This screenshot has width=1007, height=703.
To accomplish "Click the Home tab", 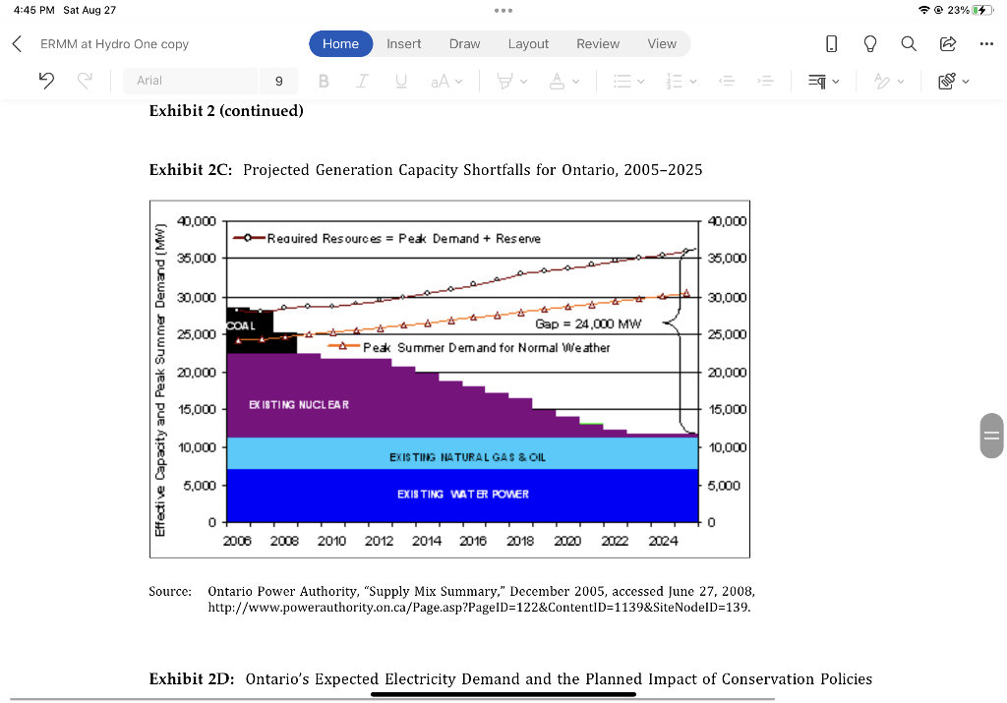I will [x=340, y=43].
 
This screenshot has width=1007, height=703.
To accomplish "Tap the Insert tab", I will [x=403, y=43].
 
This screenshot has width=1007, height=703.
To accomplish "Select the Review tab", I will [x=598, y=43].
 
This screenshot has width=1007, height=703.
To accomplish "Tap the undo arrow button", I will [x=45, y=81].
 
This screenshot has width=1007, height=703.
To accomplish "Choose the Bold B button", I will [x=324, y=81].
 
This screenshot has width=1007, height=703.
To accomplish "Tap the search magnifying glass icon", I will [x=909, y=43].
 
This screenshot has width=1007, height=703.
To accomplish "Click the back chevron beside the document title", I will [x=17, y=43].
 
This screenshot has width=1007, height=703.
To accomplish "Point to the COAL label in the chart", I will [x=241, y=325].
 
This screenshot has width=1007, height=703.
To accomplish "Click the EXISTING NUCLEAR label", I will [x=299, y=404].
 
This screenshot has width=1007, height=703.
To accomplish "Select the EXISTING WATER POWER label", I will [x=462, y=494].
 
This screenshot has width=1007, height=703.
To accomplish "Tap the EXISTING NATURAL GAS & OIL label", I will [x=467, y=457].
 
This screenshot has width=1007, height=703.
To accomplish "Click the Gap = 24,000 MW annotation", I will [x=588, y=323].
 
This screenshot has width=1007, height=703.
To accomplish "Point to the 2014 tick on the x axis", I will [x=427, y=541].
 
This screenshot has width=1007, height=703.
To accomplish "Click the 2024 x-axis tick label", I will [x=663, y=541].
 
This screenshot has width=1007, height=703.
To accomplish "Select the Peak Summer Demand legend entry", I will [x=486, y=347].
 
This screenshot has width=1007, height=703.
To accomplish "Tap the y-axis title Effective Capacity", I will [x=159, y=380].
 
